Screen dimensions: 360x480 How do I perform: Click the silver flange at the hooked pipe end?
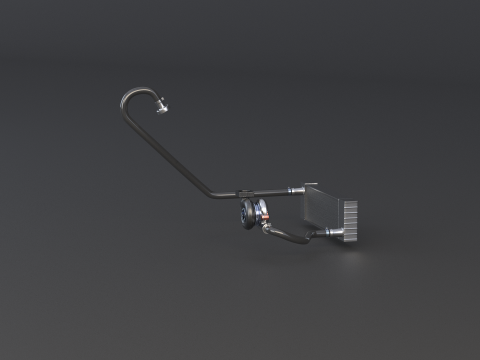tap(162, 107)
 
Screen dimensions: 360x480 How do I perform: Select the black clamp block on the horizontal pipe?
tap(246, 190)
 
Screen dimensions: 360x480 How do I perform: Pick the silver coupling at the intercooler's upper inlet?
tap(292, 189)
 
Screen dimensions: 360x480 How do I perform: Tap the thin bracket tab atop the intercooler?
tap(311, 182)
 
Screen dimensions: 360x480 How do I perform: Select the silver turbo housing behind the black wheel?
tap(259, 212)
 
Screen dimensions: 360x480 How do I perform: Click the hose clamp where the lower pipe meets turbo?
tap(266, 227)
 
